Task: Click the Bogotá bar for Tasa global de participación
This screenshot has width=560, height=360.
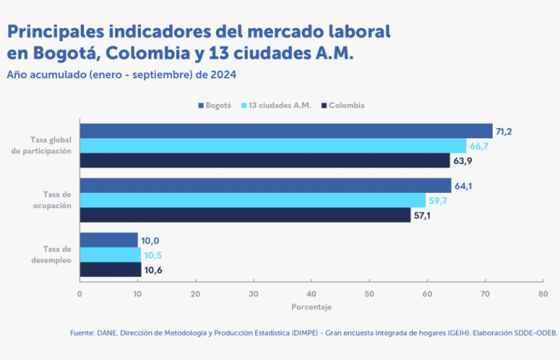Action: coord(286,131)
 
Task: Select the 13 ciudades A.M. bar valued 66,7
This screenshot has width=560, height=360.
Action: coord(273,146)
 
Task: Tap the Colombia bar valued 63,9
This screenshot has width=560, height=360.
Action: coord(265,160)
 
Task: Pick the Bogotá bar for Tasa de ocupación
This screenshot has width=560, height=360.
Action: coord(265,186)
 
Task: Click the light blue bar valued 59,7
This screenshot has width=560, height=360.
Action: coord(252,200)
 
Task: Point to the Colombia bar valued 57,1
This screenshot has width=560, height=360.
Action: coord(245,214)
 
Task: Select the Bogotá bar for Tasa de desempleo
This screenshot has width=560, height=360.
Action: coord(109,240)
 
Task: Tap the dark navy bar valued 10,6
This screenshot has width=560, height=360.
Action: coord(110,269)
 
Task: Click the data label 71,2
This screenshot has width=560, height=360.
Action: coord(505,131)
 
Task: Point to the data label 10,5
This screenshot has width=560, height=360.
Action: coord(154,255)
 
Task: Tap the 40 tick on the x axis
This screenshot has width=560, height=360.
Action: coord(311,294)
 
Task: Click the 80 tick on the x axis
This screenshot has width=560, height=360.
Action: coord(542,294)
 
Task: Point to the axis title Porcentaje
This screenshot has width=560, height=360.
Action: coord(311,307)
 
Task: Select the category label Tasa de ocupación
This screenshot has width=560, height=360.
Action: coord(53,200)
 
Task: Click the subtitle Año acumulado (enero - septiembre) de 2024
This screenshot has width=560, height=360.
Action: coord(122,74)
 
